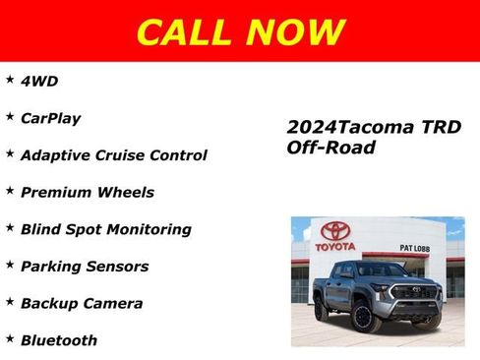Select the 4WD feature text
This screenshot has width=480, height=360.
38,81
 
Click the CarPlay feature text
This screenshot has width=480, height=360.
50,118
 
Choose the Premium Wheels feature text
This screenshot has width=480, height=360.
88,193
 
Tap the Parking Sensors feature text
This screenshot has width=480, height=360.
85,267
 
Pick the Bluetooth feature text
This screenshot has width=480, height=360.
59,341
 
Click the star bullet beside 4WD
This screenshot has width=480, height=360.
10,78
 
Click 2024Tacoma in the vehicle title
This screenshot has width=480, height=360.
333,127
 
